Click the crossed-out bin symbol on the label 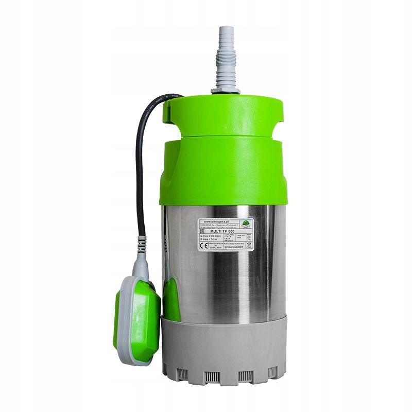click(249, 246)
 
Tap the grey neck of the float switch click(141, 263)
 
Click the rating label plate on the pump click(225, 235)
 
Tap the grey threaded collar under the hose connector click(225, 91)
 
